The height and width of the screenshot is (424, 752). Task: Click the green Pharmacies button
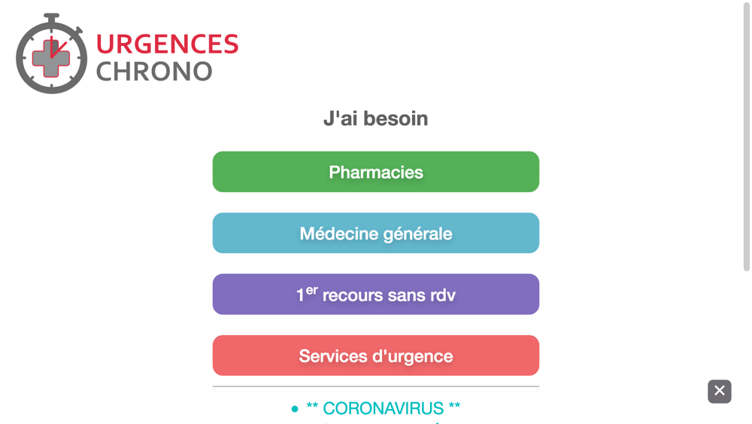point(375,172)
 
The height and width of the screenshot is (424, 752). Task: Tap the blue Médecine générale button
point(375,233)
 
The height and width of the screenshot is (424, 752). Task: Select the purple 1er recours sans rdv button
point(375,294)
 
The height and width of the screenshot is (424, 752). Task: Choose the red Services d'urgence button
point(375,355)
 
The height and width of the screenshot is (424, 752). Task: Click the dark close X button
point(720,392)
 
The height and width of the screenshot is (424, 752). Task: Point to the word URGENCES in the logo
point(168,44)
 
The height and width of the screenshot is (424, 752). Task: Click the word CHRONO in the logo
point(154,72)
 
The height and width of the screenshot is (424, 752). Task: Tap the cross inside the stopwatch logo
point(51,58)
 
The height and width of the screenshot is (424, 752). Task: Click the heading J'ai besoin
point(375,118)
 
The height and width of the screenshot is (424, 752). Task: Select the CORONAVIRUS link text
point(384,408)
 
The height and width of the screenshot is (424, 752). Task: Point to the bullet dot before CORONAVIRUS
point(295,409)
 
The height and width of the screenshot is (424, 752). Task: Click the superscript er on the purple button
point(312,291)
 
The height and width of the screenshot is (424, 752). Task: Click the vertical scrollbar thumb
point(746,137)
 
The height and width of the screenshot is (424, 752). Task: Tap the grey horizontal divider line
point(375,386)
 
